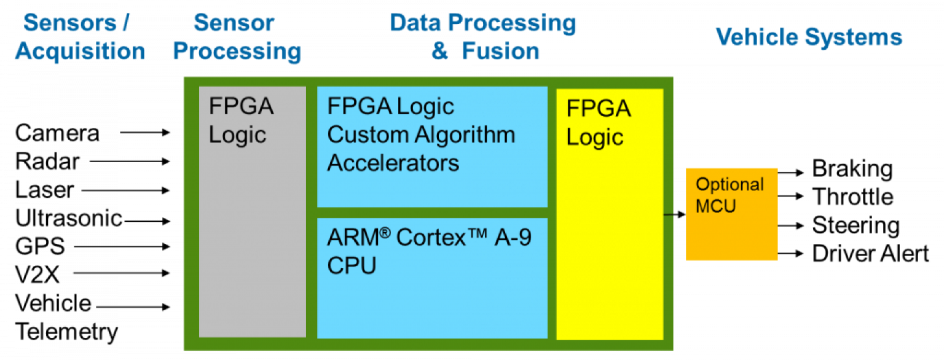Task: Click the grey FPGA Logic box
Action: [x=252, y=233]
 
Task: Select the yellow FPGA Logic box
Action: [x=610, y=246]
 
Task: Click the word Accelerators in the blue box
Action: [x=393, y=163]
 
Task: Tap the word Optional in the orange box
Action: [x=730, y=184]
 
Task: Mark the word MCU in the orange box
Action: [x=715, y=205]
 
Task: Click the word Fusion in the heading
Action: [x=500, y=52]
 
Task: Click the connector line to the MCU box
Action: [x=675, y=214]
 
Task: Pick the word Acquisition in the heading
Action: [x=80, y=52]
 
